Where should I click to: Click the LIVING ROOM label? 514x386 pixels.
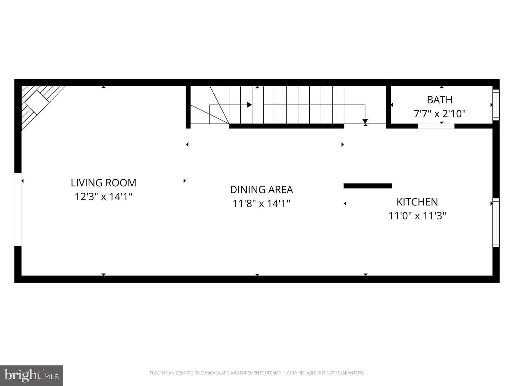tap(103, 183)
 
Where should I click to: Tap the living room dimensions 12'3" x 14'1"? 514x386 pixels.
tap(103, 197)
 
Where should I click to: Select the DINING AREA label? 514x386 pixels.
tap(261, 189)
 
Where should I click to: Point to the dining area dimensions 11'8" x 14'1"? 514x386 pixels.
tap(261, 203)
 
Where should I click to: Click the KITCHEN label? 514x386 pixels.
tap(417, 202)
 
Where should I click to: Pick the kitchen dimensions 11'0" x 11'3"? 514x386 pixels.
tap(417, 216)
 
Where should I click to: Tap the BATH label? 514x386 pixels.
tap(439, 100)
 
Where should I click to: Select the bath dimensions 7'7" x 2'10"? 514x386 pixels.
tap(439, 114)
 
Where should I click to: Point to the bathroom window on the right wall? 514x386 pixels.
tap(496, 105)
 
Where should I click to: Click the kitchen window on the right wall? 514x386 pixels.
tap(496, 223)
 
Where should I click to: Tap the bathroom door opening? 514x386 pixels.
tap(436, 126)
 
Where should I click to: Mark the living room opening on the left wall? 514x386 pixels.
tap(18, 209)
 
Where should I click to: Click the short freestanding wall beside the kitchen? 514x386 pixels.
tap(368, 186)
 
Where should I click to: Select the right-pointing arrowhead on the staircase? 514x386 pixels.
tap(250, 105)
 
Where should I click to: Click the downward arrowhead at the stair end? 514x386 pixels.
tap(365, 121)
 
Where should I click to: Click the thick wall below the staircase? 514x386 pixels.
tap(286, 126)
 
